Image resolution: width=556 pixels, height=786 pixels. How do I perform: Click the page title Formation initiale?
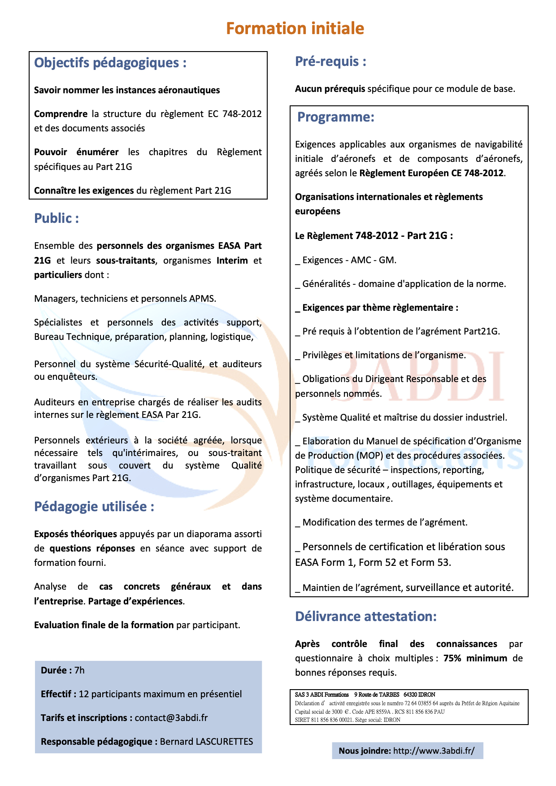(x=295, y=28)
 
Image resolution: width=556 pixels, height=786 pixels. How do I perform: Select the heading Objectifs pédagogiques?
(x=110, y=63)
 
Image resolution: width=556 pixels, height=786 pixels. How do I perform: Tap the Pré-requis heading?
(x=330, y=61)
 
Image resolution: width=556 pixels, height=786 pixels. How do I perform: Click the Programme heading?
(x=335, y=117)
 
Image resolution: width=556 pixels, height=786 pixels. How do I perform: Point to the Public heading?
(x=56, y=218)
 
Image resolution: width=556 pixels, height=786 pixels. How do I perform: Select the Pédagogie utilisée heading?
(x=94, y=507)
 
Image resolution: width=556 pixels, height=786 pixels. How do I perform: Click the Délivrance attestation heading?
(x=365, y=617)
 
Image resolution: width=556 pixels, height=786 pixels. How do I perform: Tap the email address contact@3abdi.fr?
(x=171, y=718)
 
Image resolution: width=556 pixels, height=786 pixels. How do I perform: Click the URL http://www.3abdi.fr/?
(x=434, y=751)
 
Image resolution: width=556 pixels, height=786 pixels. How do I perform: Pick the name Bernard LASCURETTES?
(x=206, y=742)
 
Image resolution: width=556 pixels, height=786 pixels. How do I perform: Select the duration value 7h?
(x=79, y=670)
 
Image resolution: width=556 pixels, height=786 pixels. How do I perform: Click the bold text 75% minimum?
(x=475, y=658)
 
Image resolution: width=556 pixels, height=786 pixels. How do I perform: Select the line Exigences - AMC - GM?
(x=346, y=260)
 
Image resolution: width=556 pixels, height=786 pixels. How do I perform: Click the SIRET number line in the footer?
(x=347, y=720)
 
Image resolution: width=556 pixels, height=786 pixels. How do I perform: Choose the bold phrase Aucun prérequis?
(x=330, y=89)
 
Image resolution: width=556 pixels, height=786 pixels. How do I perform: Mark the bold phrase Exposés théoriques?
(x=75, y=534)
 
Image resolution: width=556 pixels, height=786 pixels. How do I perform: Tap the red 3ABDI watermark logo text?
(x=430, y=377)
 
